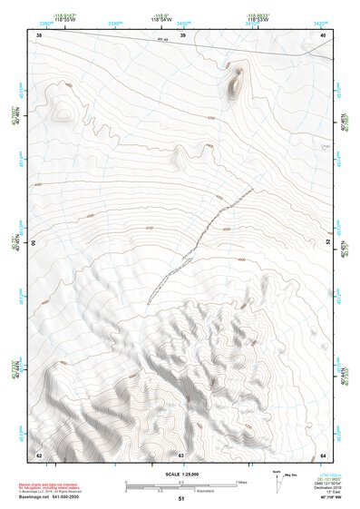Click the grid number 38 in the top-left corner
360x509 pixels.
[38, 34]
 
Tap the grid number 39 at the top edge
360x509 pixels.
[182, 34]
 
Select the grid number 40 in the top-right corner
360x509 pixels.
[323, 34]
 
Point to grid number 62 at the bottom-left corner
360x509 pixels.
[38, 455]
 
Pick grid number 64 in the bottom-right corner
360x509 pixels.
[323, 455]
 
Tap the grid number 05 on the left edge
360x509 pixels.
[36, 243]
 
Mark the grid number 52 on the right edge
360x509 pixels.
[327, 242]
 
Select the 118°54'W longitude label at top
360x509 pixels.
[161, 18]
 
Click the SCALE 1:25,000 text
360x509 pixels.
[180, 475]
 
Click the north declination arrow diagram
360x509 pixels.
[277, 479]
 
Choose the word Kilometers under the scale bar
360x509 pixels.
[206, 493]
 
